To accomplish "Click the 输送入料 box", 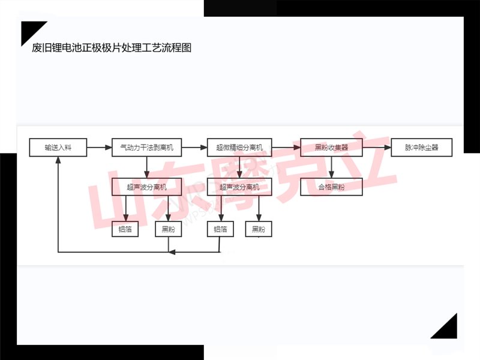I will coord(58,147).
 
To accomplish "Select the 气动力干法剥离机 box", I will coord(147,147).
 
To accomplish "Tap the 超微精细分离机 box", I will coord(239,147).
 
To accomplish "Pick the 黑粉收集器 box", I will coord(332,147).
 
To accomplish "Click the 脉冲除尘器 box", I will coord(421,147).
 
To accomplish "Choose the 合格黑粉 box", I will coord(332,187).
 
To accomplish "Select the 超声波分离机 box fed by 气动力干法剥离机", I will coord(147,187).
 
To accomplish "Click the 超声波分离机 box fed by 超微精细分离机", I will coord(239,187).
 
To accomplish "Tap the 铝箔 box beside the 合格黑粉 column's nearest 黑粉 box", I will coord(220,229).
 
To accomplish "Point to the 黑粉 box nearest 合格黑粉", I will coord(259,229).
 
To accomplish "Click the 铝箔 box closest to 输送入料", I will coord(125,229).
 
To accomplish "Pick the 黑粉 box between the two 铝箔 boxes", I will coord(168,229).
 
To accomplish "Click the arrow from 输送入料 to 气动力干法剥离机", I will coord(100,147).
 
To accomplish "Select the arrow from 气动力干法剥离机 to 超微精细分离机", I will coord(194,147).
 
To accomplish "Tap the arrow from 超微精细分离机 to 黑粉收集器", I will coord(286,147).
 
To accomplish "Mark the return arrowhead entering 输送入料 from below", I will coord(58,160).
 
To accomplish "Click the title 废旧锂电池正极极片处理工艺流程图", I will coord(112,49).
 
